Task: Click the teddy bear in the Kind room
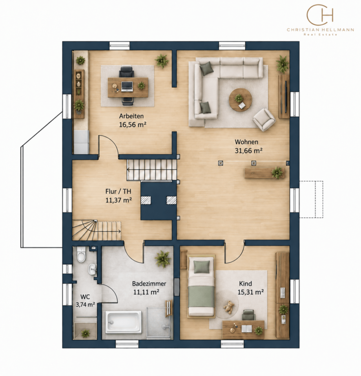pyautogui.click(x=228, y=307)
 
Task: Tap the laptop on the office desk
pyautogui.click(x=127, y=86)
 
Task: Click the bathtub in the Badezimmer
pyautogui.click(x=124, y=322)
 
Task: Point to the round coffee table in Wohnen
pyautogui.click(x=240, y=99)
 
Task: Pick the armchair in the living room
pyautogui.click(x=264, y=119)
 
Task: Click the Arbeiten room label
pyautogui.click(x=131, y=116)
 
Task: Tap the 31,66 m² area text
pyautogui.click(x=249, y=150)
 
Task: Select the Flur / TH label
pyautogui.click(x=119, y=191)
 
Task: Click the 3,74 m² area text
pyautogui.click(x=85, y=304)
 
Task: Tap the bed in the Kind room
pyautogui.click(x=201, y=286)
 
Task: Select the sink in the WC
pyautogui.click(x=92, y=270)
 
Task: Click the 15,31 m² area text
pyautogui.click(x=251, y=292)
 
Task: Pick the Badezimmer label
pyautogui.click(x=149, y=284)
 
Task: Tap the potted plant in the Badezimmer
pyautogui.click(x=163, y=259)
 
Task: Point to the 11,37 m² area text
pyautogui.click(x=119, y=200)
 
